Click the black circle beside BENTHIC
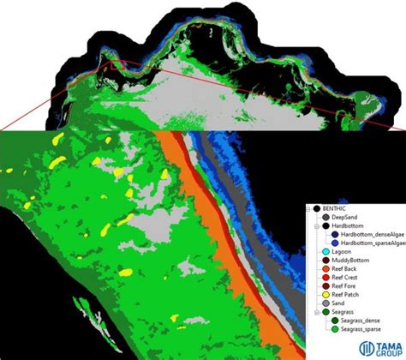318,209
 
